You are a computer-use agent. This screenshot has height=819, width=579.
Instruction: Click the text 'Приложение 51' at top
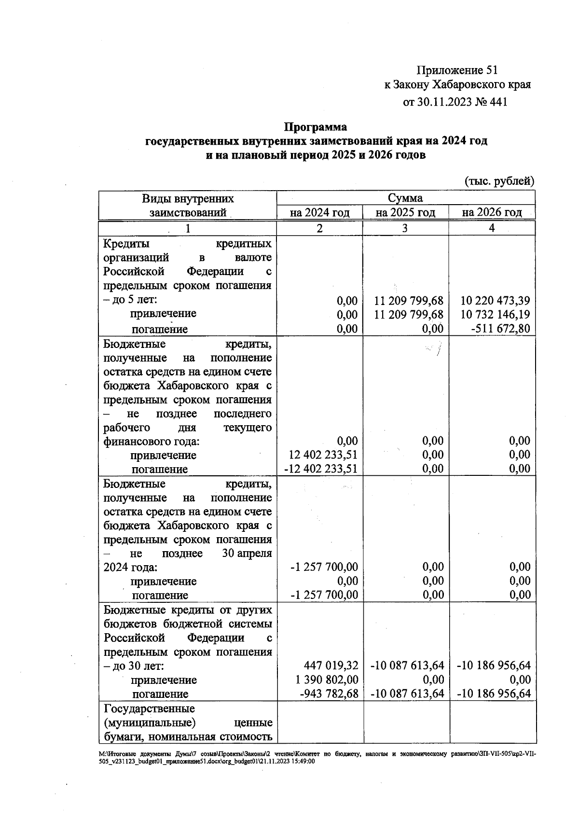point(456,70)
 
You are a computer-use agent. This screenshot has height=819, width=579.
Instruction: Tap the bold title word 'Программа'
point(315,127)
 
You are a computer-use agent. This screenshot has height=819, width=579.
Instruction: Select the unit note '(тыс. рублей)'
point(499,181)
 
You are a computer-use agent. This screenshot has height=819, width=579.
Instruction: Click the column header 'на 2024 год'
point(319,212)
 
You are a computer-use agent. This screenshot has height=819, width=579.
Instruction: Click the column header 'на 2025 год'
point(405,212)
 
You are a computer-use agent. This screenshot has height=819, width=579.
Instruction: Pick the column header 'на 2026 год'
point(492,212)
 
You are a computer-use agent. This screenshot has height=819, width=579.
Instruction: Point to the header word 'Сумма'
point(405,198)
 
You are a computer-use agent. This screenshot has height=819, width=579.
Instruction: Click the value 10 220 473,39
point(495,301)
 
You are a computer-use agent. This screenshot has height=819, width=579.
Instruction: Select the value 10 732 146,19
point(495,315)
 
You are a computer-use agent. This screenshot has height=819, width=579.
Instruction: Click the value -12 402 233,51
point(320,469)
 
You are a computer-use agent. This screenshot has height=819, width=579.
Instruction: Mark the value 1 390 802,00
point(327,680)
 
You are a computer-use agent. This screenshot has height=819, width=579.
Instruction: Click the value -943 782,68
point(329,694)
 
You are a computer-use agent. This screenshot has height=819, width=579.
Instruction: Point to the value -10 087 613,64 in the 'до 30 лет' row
point(407,666)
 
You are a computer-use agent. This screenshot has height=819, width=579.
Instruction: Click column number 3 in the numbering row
point(404,228)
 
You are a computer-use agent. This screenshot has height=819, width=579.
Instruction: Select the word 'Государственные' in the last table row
point(149,708)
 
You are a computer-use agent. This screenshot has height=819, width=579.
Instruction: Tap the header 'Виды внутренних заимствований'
point(188,205)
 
